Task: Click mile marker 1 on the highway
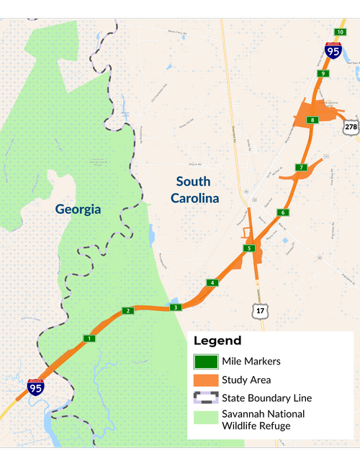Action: (x=89, y=339)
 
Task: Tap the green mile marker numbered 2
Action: (x=128, y=310)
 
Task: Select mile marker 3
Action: (x=175, y=308)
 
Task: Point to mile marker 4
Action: (x=212, y=282)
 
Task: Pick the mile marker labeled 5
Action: (x=249, y=248)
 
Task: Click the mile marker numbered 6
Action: (x=284, y=212)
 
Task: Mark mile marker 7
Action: (x=302, y=168)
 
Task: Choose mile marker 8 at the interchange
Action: (x=312, y=120)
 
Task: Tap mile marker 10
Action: (x=341, y=32)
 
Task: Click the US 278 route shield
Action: (x=351, y=127)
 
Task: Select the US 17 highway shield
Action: (x=259, y=310)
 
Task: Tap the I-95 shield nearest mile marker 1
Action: (x=35, y=387)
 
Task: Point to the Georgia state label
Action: (x=78, y=210)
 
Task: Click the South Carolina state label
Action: (x=194, y=189)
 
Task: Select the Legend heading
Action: (x=217, y=341)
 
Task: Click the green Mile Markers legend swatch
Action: (x=205, y=362)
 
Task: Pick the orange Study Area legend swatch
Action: (x=205, y=380)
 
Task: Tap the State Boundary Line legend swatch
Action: (x=205, y=398)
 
